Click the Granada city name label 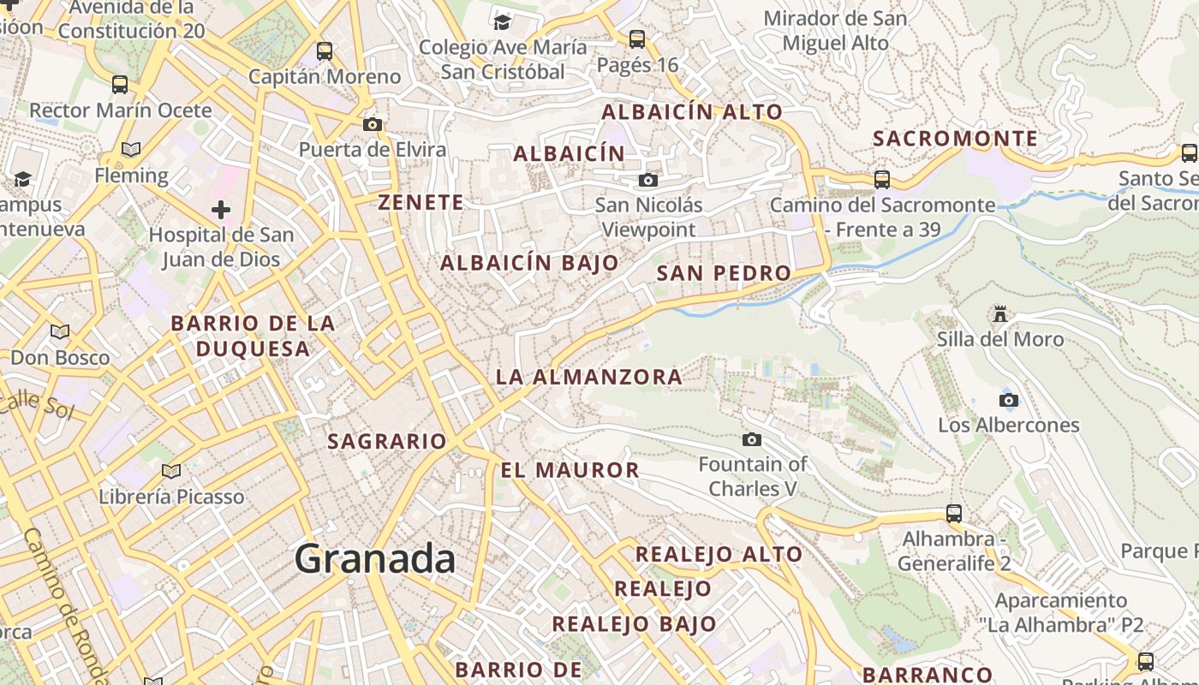[375, 559]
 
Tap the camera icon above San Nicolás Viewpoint [648, 180]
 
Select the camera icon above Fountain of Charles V [752, 439]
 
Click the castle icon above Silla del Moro [999, 313]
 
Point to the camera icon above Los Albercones [1009, 400]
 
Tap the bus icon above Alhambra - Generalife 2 [954, 514]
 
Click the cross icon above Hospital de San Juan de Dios [221, 209]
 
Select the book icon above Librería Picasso [171, 471]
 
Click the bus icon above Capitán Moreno [325, 51]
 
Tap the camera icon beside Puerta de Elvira [372, 125]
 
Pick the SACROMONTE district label [955, 138]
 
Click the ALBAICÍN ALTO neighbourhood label [692, 112]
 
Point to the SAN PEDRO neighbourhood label [724, 273]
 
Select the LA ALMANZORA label [589, 377]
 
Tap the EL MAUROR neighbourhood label [570, 470]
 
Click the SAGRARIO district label [387, 442]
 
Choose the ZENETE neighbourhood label [421, 203]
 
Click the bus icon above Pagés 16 [637, 39]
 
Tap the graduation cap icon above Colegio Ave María [502, 21]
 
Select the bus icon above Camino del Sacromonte [882, 180]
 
